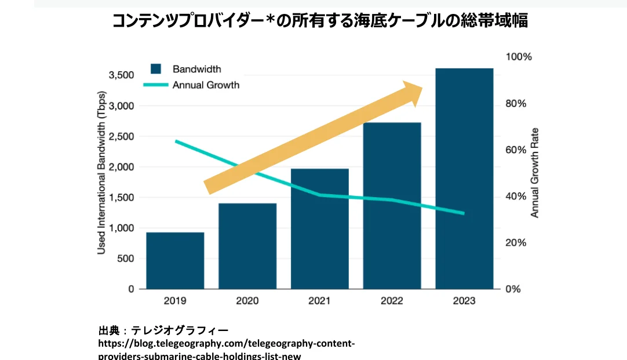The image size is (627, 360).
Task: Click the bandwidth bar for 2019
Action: [175, 260]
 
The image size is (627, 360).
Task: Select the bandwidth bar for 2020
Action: [247, 246]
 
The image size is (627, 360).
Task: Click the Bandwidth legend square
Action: [155, 69]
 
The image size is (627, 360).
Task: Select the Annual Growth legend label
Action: [206, 85]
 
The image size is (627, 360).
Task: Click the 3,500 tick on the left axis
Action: [121, 75]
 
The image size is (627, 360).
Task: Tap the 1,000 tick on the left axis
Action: [121, 228]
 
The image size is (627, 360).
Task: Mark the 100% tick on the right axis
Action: [519, 57]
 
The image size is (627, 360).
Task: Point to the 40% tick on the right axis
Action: [516, 197]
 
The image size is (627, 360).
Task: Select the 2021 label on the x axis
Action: [320, 301]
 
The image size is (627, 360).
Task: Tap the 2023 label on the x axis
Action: [464, 301]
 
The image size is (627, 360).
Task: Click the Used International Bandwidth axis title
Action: [101, 172]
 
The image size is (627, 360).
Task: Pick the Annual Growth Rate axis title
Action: [535, 173]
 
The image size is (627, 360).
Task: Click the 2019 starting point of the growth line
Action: [176, 141]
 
